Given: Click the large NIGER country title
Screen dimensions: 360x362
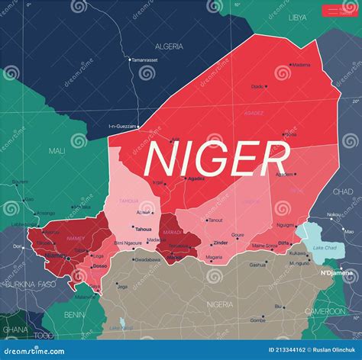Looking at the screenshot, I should pos(216,159).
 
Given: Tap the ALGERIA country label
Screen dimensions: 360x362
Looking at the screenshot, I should pos(169,47).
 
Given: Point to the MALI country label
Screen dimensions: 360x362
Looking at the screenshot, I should pos(57,151).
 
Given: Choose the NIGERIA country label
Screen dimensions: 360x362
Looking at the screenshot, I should pos(221,304).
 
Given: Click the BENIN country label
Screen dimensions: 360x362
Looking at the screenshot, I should pos(74,313).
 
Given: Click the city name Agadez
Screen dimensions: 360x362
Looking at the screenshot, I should pos(196,178).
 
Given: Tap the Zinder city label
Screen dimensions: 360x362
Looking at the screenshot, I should pos(220,243).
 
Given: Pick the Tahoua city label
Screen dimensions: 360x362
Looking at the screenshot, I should pos(143,228).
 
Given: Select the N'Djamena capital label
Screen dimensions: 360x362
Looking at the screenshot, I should pos(337,272).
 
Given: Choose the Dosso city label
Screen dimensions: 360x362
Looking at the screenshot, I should pos(100,266).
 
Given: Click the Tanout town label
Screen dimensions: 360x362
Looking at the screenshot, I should pos(215,220).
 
